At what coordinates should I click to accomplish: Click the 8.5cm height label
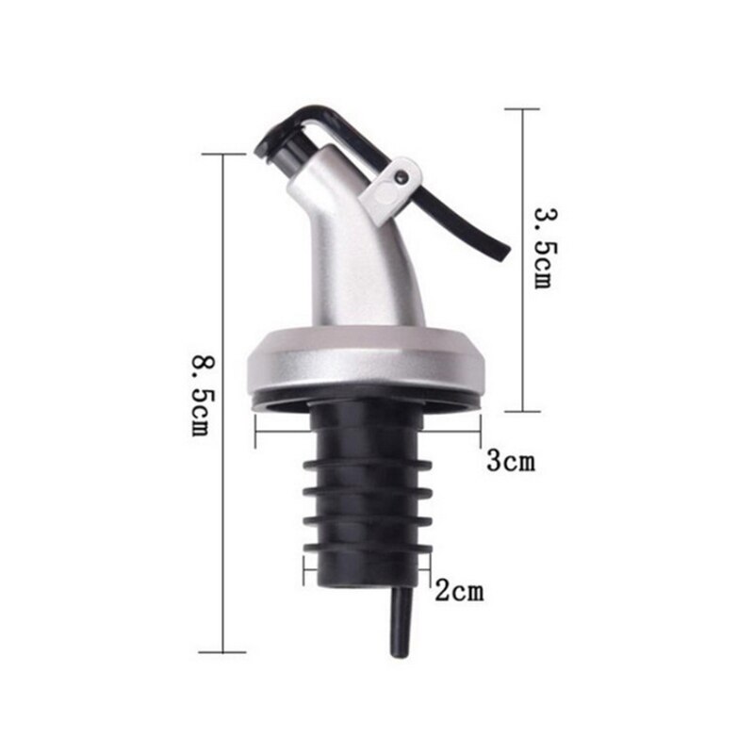[200, 395]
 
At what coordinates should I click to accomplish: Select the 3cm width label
[510, 462]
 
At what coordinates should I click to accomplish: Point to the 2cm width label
[458, 592]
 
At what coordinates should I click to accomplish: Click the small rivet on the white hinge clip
[402, 176]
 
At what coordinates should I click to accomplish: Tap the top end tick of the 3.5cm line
[522, 109]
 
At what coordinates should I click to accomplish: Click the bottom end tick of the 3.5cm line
[522, 411]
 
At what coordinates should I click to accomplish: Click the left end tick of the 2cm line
[303, 569]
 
